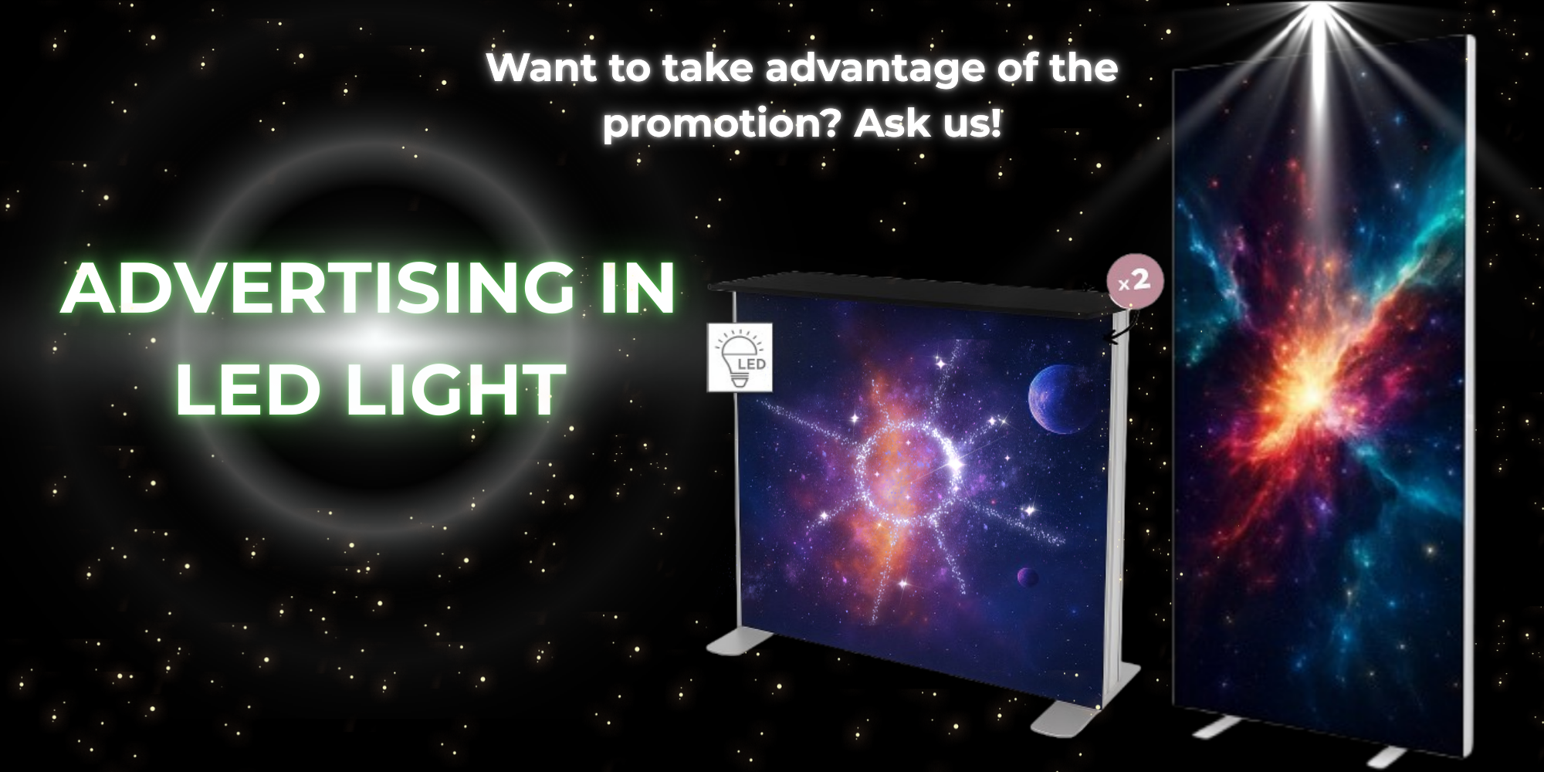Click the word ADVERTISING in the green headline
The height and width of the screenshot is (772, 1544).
[317, 288]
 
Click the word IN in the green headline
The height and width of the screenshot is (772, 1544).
[635, 288]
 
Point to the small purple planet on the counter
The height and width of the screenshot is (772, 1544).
[1027, 576]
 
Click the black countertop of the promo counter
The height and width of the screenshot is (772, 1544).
[912, 293]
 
